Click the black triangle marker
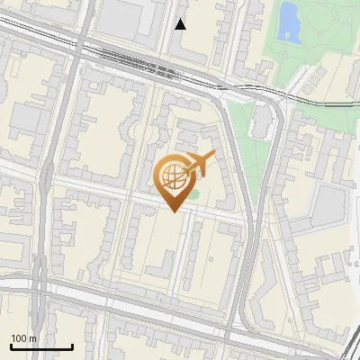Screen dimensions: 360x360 pos(180,24)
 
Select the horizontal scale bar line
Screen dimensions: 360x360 pos(41,346)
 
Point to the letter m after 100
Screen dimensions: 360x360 pos(32,339)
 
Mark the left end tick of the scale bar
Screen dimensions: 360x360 pos(11,346)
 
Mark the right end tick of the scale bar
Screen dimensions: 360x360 pos(72,346)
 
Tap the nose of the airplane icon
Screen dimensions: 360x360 pos(212,156)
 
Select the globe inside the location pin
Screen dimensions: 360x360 pos(175,177)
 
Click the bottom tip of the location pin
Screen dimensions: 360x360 pos(172,212)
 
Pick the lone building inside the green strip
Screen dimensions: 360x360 pos(262,121)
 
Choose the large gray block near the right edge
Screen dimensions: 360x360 pos(329,207)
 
